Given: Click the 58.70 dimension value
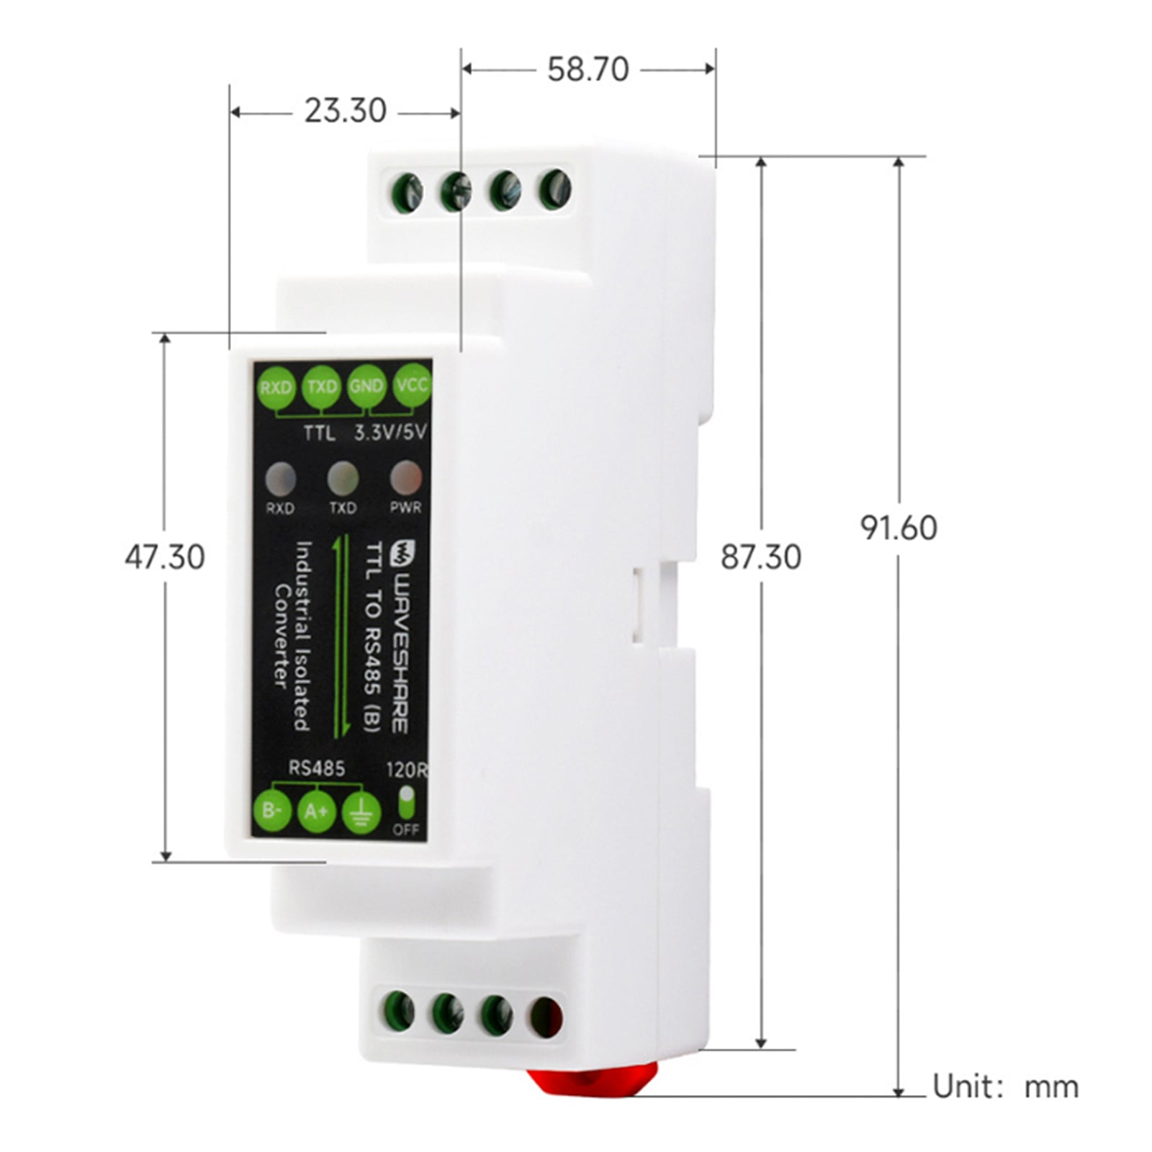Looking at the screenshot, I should (x=588, y=70).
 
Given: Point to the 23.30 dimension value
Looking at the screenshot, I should (x=345, y=112).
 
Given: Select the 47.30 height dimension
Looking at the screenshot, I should (x=165, y=557).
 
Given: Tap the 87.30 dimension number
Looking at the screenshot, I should (x=761, y=557).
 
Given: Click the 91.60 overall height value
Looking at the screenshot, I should (x=899, y=528).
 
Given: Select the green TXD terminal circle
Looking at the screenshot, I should (x=321, y=387).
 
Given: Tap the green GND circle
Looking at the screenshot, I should (x=366, y=387).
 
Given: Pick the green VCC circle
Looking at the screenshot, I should (x=411, y=386).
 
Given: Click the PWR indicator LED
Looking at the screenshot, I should (x=405, y=477).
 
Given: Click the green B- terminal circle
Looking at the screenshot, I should (x=272, y=811).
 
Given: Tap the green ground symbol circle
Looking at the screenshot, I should (x=361, y=813).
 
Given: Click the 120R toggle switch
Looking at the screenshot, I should (x=407, y=803).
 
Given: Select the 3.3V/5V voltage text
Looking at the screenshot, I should (x=391, y=433).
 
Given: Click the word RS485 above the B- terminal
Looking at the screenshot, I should (x=317, y=768).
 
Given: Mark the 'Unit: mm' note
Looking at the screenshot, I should (x=1005, y=1086).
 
